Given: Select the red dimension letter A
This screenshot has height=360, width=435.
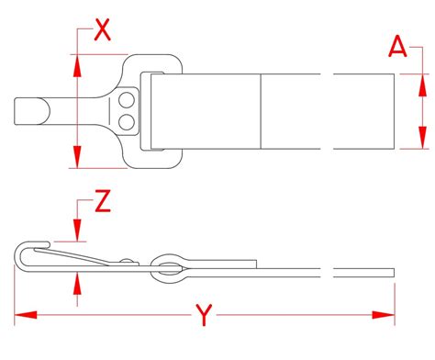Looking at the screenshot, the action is pos(397,45).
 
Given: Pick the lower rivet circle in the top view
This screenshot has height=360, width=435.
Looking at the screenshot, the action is pos(126,119).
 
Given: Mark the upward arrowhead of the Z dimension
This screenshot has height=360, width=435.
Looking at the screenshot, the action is pos(75,280).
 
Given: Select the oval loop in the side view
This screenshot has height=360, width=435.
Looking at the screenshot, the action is pos(169,265).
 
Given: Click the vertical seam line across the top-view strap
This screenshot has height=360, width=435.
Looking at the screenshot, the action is pos(262,111).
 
